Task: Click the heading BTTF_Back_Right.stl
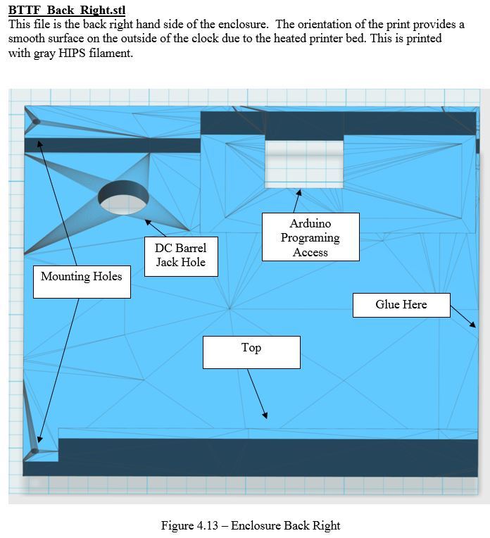click(67, 11)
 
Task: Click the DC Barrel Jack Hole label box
click(180, 256)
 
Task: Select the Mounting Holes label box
click(82, 277)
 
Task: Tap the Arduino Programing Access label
click(310, 237)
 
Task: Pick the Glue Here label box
click(401, 304)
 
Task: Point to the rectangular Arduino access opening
click(304, 163)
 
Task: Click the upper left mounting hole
click(35, 122)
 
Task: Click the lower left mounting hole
click(34, 449)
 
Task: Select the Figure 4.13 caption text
click(250, 525)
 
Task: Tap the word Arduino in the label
click(310, 224)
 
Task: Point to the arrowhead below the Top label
click(265, 416)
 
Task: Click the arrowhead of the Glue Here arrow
click(472, 325)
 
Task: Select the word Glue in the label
click(387, 304)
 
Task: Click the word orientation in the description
click(270, 25)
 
